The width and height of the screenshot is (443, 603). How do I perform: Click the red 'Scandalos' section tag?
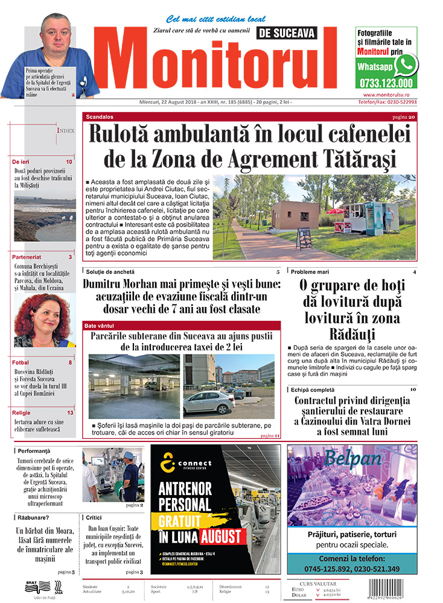coord(100,116)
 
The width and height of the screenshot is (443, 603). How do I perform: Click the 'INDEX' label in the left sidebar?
coord(66,130)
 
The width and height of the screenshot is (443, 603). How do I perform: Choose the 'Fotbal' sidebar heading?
coord(21,362)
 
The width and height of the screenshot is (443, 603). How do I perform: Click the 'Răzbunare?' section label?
coord(34,517)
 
